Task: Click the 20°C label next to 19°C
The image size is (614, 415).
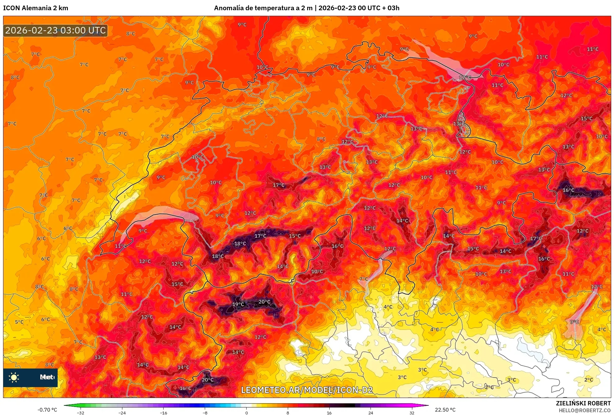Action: [x=264, y=302]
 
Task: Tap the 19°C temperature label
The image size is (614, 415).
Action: [x=238, y=304]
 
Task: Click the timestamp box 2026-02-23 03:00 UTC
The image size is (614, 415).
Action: [x=55, y=30]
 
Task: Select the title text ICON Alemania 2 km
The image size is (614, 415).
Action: [x=36, y=8]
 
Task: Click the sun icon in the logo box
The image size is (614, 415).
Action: [x=14, y=377]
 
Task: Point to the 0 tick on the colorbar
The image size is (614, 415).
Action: [x=246, y=413]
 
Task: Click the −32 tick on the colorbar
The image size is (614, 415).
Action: [x=81, y=413]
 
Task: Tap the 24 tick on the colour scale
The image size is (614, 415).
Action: [x=371, y=413]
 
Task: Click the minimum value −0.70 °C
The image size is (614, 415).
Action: [x=47, y=410]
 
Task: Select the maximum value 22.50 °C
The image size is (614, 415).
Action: [x=445, y=410]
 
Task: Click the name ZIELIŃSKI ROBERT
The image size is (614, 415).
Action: [x=583, y=403]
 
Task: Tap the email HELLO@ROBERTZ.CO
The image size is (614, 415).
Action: [x=585, y=410]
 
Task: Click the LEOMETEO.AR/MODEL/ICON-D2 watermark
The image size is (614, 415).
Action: [x=307, y=390]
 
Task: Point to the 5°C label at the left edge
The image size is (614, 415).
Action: [x=19, y=322]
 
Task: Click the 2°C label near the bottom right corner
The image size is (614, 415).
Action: [x=588, y=380]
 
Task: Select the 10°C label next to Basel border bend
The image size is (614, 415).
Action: [x=262, y=67]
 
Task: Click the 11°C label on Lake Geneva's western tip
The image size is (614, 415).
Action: [x=121, y=246]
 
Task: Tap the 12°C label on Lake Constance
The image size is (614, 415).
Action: [x=465, y=77]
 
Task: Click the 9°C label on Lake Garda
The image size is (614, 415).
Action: [x=574, y=322]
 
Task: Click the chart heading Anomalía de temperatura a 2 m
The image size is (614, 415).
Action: [x=263, y=8]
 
